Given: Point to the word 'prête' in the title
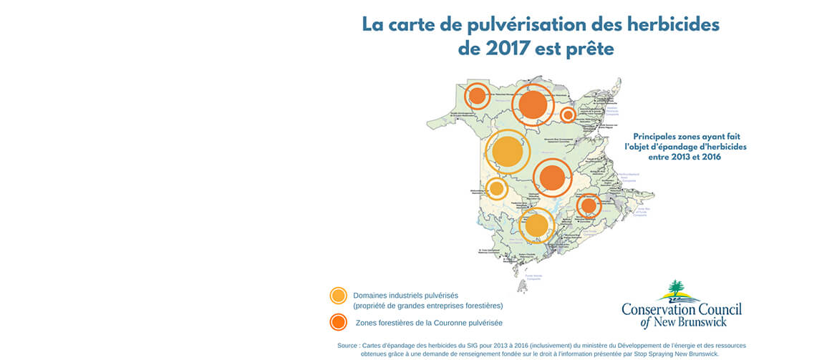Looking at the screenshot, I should (x=591, y=50).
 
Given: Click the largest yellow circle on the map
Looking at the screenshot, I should (x=507, y=152).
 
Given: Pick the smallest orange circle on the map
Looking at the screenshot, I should (x=568, y=115).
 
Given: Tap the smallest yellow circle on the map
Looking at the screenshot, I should (x=496, y=189).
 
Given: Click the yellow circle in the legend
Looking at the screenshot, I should (x=338, y=296).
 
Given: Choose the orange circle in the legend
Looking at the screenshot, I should (x=338, y=322).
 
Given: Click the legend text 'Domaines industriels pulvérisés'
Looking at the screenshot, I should (x=405, y=295).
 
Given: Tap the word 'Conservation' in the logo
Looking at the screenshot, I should (x=659, y=309).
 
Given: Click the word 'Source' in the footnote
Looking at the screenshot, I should (x=350, y=346).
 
